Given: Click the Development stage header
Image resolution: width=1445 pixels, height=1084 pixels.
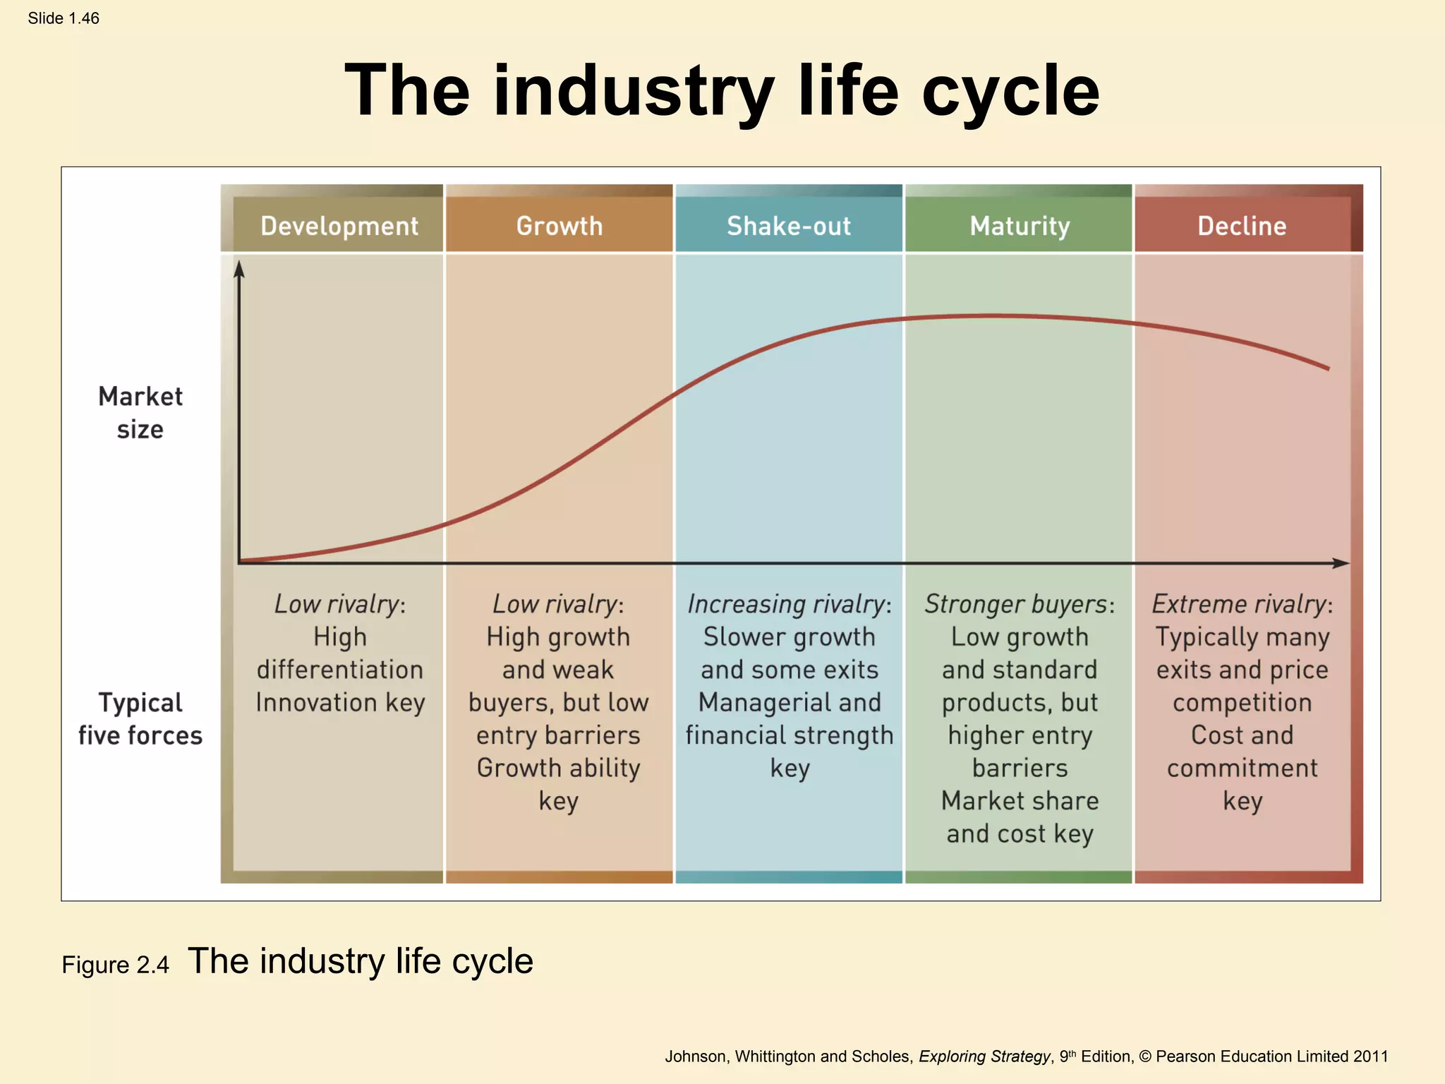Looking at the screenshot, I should [339, 226].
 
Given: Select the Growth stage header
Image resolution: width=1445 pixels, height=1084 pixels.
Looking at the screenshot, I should [559, 226].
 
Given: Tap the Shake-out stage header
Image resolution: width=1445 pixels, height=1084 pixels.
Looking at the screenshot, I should [788, 226].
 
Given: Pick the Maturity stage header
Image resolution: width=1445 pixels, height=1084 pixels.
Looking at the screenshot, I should [1020, 226].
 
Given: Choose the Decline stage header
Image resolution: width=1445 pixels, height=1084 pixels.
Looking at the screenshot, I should [1242, 226].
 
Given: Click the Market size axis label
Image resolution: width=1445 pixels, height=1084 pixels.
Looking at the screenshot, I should [140, 413].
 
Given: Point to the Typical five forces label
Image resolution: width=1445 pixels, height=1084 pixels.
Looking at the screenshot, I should [140, 718].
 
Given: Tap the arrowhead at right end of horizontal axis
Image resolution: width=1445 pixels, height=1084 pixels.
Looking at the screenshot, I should [1342, 563].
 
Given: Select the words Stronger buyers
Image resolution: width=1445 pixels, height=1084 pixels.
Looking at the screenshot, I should [1016, 604].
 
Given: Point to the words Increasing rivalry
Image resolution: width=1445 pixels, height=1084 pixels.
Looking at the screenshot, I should [786, 604].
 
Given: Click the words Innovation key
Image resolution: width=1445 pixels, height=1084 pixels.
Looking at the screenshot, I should [340, 702].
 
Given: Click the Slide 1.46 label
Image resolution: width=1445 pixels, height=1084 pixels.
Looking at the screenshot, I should [64, 18].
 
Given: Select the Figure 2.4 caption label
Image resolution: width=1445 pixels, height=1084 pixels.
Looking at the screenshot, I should [115, 965].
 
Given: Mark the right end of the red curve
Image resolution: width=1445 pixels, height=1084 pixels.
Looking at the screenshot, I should [1328, 368].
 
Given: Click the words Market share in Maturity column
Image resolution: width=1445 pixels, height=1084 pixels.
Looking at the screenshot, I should [1020, 801].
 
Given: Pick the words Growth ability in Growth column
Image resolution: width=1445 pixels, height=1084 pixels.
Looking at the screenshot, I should [558, 768].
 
